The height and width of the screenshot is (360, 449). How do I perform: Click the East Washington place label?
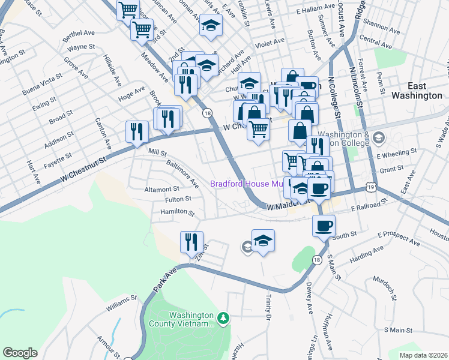point(417,91)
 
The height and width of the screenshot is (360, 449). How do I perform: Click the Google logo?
point(20,352)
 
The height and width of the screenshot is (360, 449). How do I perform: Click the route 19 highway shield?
point(372,188)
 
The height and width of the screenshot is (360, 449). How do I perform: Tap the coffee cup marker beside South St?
point(324,227)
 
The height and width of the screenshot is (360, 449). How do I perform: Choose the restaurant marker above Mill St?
point(137,131)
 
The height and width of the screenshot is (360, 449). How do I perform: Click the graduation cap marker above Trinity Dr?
point(263,241)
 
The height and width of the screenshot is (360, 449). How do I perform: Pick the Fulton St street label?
point(179,199)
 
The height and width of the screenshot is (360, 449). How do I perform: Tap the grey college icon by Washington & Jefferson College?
point(378,138)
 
